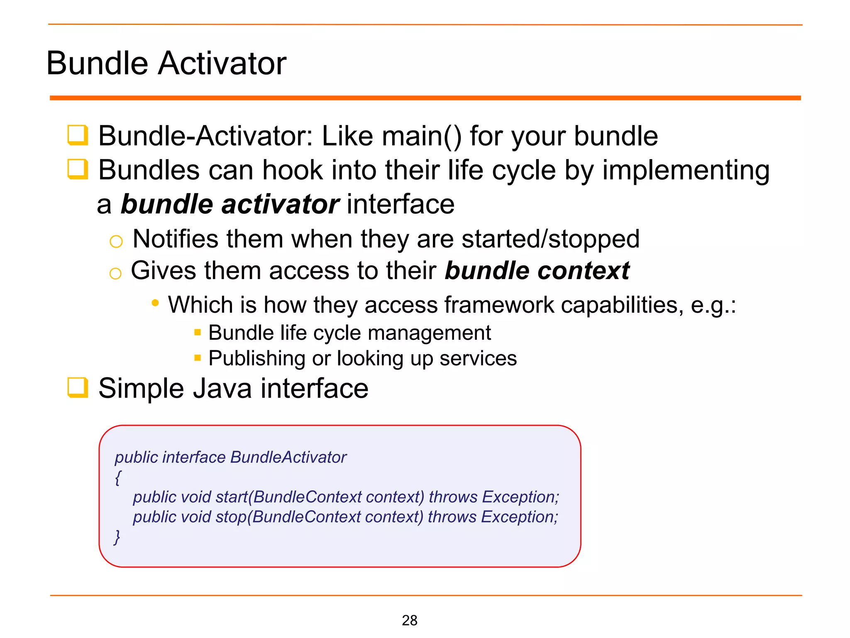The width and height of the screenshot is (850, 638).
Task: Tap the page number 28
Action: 409,620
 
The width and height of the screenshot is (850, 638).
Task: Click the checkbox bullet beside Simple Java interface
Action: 78,388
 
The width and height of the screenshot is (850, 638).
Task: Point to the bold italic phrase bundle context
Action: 537,271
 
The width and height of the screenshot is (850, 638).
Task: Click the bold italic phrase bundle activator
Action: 230,204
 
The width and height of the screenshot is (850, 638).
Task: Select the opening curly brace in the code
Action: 118,478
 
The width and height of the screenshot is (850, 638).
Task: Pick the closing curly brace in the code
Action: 117,537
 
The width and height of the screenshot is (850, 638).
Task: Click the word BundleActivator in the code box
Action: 288,457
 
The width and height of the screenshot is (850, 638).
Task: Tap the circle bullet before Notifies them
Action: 116,241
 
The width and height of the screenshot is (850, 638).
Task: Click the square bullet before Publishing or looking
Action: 198,358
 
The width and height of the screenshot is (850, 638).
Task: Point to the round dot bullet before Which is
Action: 155,303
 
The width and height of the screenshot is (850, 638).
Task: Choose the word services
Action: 478,358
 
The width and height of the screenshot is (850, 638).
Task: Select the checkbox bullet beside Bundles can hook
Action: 78,169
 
